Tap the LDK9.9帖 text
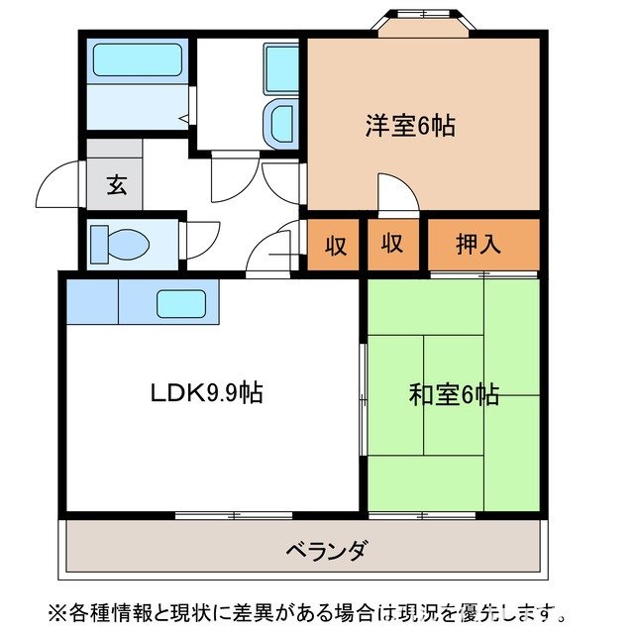[206, 392]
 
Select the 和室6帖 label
[454, 394]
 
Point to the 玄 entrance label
[116, 185]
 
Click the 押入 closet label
[478, 244]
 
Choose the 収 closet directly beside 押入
[392, 244]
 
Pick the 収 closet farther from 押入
[337, 245]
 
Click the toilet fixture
[118, 243]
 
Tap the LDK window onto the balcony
[234, 514]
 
